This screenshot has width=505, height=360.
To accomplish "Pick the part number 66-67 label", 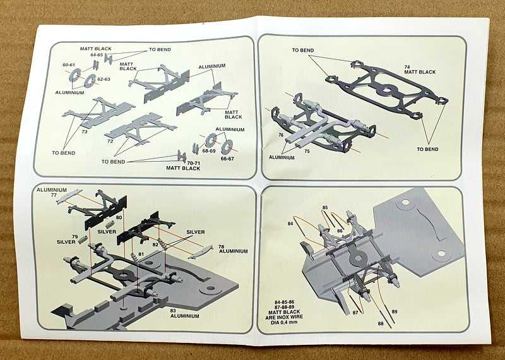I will [x=226, y=159].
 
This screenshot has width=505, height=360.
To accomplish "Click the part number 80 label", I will [x=119, y=218].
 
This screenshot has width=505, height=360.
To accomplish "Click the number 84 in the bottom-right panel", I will [x=290, y=224].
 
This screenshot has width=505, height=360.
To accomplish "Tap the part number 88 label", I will [x=379, y=324].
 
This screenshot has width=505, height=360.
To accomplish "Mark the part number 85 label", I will [x=325, y=207].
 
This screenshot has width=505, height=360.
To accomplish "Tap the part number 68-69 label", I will [x=209, y=152].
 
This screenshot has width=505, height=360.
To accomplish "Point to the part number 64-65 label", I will [x=97, y=55].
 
